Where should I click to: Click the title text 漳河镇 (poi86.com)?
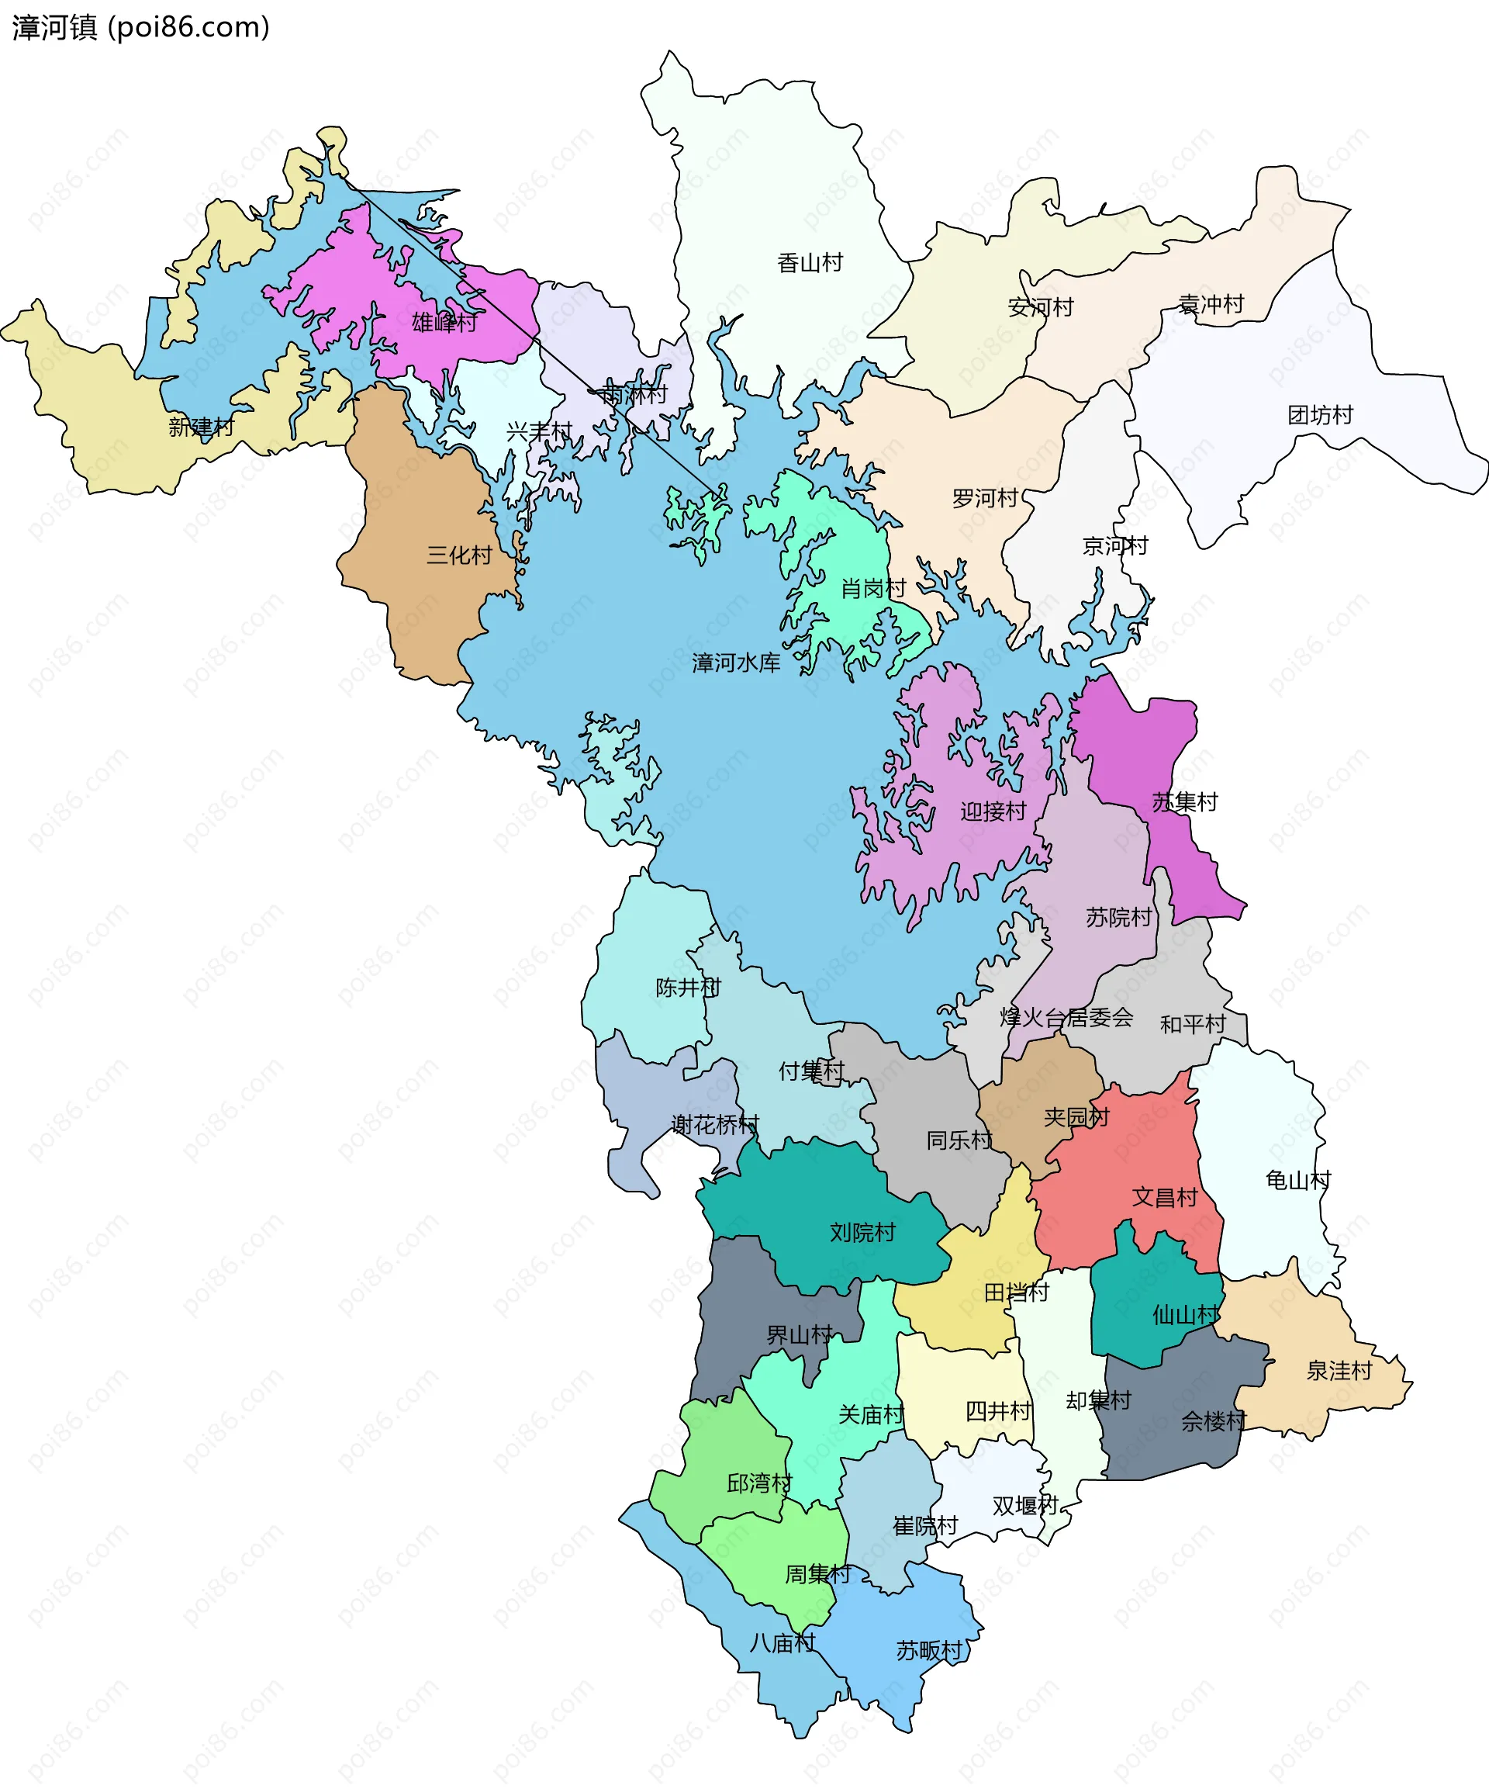[x=140, y=28]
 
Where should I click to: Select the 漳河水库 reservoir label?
[x=736, y=662]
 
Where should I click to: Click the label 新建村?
[x=201, y=427]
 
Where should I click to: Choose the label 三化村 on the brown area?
[x=459, y=555]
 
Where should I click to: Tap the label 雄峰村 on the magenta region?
[x=444, y=322]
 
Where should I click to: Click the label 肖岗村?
[x=872, y=588]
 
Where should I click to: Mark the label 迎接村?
[x=993, y=811]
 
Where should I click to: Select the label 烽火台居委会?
[x=1066, y=1017]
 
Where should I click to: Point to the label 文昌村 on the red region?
[x=1165, y=1197]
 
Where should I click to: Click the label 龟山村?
[x=1297, y=1180]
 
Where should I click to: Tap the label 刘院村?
[x=862, y=1232]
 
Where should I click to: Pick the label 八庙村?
[x=782, y=1642]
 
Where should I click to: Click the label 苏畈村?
[x=928, y=1650]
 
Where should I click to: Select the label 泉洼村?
[x=1339, y=1371]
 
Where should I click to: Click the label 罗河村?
[x=985, y=497]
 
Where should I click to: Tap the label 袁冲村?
[x=1211, y=304]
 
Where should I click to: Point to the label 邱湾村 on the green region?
[x=759, y=1483]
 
